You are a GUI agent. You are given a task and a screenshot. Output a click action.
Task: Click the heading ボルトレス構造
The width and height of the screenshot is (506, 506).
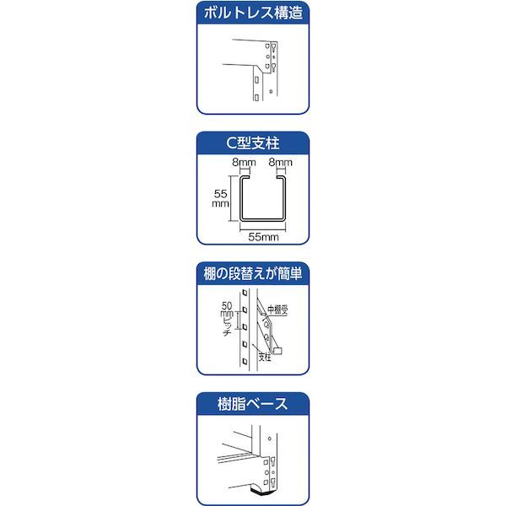pyautogui.click(x=253, y=13)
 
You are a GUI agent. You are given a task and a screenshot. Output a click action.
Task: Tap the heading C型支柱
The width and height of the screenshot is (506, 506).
pyautogui.click(x=253, y=143)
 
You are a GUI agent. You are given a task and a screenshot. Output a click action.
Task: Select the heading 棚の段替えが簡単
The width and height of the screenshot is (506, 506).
pyautogui.click(x=253, y=273)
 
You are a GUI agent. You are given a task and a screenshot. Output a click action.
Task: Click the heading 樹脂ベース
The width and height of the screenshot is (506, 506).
pyautogui.click(x=253, y=404)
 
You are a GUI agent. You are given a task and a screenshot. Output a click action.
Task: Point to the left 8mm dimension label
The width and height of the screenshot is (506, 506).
pyautogui.click(x=244, y=162)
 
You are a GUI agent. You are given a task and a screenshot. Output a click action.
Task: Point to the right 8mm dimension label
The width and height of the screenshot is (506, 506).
pyautogui.click(x=281, y=162)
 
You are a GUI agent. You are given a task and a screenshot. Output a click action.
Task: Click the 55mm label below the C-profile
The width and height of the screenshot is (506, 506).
pyautogui.click(x=263, y=237)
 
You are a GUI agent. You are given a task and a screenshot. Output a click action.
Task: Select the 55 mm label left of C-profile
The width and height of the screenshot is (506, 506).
pyautogui.click(x=221, y=198)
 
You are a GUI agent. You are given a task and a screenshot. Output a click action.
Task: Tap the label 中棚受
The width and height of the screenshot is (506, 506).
pyautogui.click(x=277, y=310)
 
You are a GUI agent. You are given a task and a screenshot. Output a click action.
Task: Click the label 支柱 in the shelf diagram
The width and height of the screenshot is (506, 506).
pyautogui.click(x=265, y=358)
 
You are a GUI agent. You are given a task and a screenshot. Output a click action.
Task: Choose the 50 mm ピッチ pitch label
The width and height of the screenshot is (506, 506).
pyautogui.click(x=227, y=319)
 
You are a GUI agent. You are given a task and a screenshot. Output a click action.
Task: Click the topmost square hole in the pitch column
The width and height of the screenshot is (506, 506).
pyautogui.click(x=245, y=293)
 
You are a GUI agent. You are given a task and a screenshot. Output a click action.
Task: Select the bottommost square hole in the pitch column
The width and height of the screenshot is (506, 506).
pyautogui.click(x=245, y=361)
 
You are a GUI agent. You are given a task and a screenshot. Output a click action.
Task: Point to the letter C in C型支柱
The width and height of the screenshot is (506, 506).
pyautogui.click(x=231, y=143)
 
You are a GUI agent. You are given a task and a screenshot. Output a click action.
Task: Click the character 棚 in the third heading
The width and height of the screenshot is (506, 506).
pyautogui.click(x=210, y=273)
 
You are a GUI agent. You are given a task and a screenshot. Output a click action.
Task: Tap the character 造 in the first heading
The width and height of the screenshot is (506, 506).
pyautogui.click(x=296, y=13)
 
